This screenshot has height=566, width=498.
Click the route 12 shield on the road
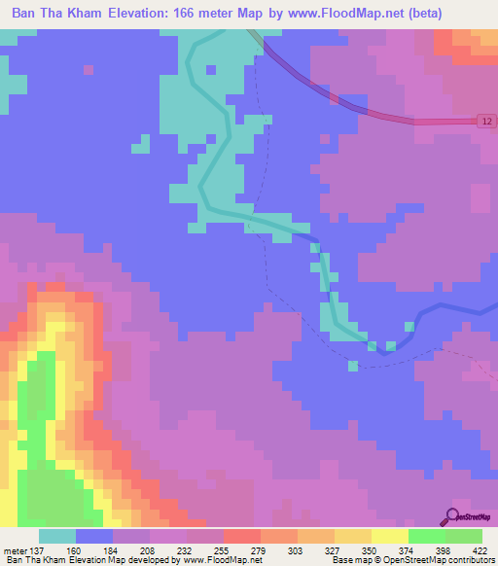(485, 120)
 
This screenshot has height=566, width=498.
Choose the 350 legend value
(371, 551)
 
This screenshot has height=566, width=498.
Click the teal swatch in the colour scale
(56, 536)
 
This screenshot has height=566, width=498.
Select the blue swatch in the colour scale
(93, 536)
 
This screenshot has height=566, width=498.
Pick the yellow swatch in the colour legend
(389, 536)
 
